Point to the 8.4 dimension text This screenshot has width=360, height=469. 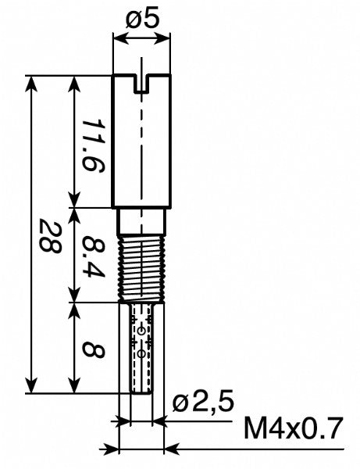click(x=93, y=255)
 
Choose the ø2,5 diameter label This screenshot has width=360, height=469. click(x=202, y=403)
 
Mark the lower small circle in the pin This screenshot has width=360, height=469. click(x=141, y=354)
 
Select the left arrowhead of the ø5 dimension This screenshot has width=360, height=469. click(x=118, y=39)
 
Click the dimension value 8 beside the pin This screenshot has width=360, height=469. click(x=93, y=347)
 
